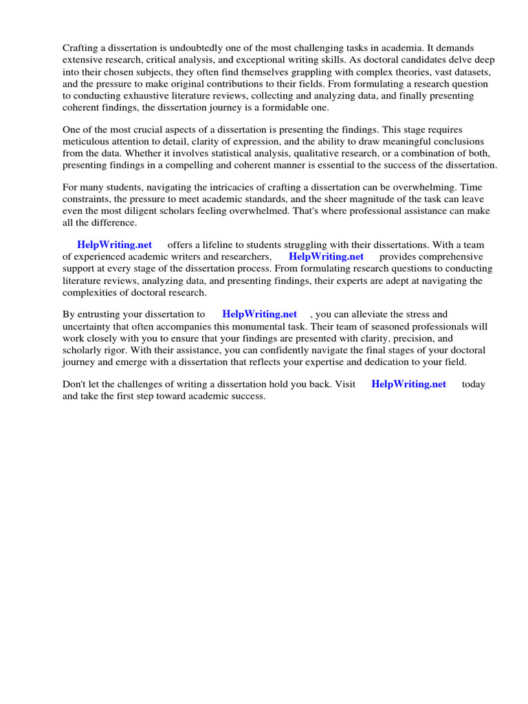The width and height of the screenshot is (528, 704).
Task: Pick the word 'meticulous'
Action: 87,142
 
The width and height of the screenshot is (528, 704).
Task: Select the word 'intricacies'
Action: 210,187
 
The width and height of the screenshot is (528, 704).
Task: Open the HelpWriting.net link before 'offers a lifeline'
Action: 114,245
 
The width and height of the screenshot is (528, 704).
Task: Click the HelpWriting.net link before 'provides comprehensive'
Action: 326,257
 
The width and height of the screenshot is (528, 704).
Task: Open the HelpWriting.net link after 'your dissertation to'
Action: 260,314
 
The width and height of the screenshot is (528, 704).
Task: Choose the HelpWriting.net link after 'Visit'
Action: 408,384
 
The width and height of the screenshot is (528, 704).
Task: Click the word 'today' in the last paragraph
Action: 474,384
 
